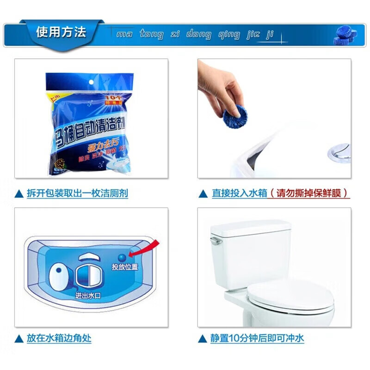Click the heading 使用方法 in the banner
pos(61,32)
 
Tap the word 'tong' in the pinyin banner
pos(151,34)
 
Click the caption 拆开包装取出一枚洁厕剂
pos(77,193)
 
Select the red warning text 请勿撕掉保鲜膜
pos(309,193)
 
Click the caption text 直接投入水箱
pos(240,193)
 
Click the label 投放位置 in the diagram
pos(124,267)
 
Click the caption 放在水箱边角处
pos(59,338)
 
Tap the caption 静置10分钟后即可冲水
pos(257,338)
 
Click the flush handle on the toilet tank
pos(213,241)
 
